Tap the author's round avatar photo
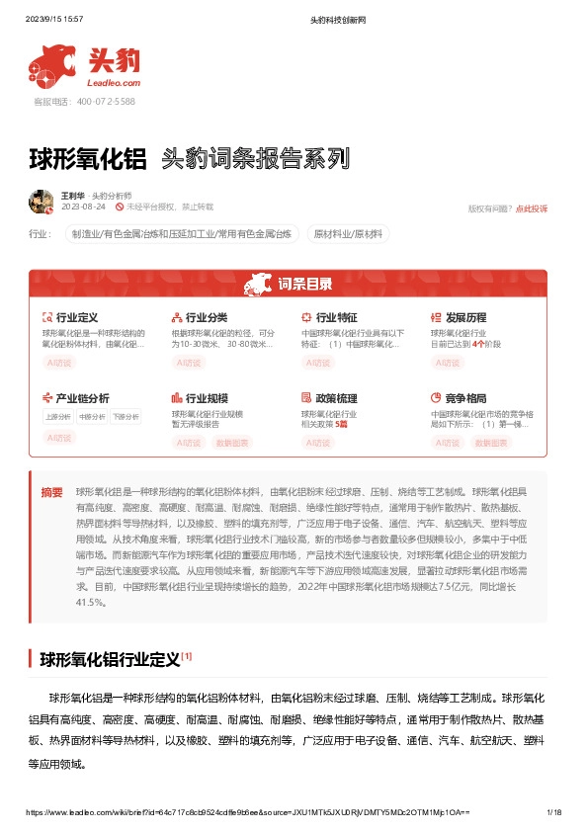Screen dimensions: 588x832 (42, 201)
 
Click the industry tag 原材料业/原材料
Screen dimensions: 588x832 (350, 234)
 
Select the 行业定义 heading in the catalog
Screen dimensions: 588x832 (76, 317)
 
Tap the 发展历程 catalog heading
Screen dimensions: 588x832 (465, 317)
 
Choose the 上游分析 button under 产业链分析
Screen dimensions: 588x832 (57, 417)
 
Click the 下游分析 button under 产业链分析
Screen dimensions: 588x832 (126, 417)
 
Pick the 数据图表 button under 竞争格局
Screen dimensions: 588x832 (491, 443)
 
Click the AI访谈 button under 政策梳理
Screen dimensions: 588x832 (318, 443)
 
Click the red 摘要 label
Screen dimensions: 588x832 (51, 492)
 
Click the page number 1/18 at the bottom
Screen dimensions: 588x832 (553, 812)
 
